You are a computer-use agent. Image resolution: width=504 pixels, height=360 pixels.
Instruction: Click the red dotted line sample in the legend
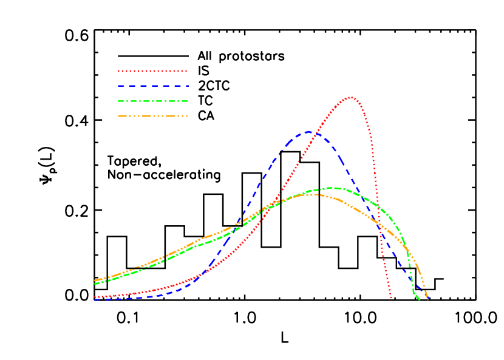pyautogui.click(x=152, y=71)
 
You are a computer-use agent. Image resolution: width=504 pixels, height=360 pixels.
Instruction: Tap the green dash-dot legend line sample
pyautogui.click(x=152, y=101)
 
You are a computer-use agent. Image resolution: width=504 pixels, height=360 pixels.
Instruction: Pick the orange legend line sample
pyautogui.click(x=152, y=115)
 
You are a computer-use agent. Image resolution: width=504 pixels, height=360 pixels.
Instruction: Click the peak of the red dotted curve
pyautogui.click(x=350, y=97)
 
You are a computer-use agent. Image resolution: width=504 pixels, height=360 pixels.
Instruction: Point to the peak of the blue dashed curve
pyautogui.click(x=308, y=132)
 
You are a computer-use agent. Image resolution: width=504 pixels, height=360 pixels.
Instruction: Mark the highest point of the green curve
pyautogui.click(x=333, y=188)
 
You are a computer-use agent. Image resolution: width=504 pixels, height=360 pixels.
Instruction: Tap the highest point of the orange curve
pyautogui.click(x=311, y=194)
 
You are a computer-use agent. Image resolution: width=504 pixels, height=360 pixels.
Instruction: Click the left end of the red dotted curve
pyautogui.click(x=95, y=297)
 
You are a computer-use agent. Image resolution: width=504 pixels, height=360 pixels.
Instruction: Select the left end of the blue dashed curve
pyautogui.click(x=95, y=299)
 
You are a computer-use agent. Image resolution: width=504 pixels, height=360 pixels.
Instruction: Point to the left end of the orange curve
pyautogui.click(x=95, y=280)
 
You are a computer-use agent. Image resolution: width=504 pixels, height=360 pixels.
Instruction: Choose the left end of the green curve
pyautogui.click(x=95, y=284)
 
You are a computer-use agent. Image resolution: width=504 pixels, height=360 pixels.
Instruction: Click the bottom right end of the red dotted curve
pyautogui.click(x=391, y=298)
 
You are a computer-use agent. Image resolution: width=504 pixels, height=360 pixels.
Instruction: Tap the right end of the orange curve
pyautogui.click(x=427, y=298)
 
